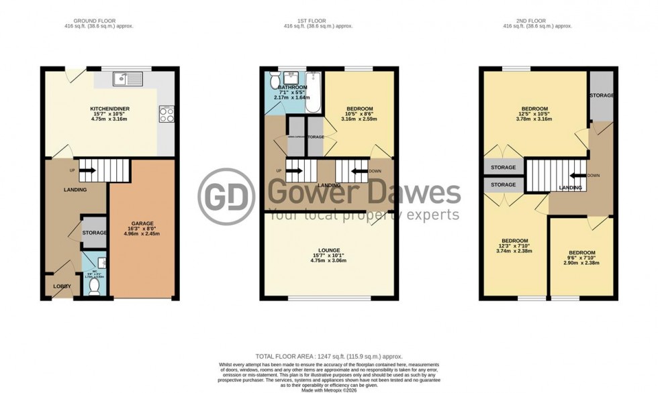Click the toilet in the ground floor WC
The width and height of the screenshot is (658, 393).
click(x=94, y=286)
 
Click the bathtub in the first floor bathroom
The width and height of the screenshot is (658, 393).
click(x=313, y=87)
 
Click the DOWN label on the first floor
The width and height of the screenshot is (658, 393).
click(x=375, y=170)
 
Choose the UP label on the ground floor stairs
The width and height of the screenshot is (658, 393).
click(x=72, y=170)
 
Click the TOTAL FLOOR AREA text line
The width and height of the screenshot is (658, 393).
click(x=328, y=357)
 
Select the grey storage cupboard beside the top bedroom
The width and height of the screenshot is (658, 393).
click(x=602, y=95)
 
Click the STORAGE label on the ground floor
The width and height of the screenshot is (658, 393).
click(x=94, y=233)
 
